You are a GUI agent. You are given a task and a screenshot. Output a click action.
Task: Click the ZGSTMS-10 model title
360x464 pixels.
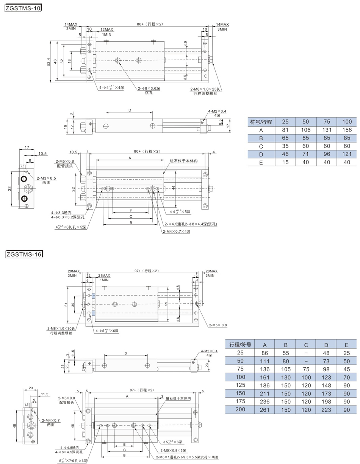click(23, 8)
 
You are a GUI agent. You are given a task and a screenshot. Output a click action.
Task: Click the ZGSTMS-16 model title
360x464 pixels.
click(24, 254)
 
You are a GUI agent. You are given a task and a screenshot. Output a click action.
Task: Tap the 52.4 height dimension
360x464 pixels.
click(49, 62)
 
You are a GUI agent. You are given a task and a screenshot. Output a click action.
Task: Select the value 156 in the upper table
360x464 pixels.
click(347, 130)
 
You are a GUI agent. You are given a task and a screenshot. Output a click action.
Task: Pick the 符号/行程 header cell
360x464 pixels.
click(261, 122)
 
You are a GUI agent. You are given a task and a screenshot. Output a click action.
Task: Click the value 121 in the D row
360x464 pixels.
click(347, 154)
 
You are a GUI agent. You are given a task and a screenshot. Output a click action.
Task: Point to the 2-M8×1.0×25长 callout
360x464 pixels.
click(205, 89)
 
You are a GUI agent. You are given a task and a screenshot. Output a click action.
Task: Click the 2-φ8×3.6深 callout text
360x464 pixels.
click(149, 88)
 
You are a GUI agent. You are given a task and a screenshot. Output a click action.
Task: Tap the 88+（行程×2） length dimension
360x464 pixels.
click(150, 24)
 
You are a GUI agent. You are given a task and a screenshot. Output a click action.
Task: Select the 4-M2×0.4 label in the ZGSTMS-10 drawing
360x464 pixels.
click(217, 111)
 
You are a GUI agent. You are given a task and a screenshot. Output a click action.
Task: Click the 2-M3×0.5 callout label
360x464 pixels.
click(46, 178)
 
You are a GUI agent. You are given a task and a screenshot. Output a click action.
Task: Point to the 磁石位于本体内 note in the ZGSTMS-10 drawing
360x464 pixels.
click(184, 161)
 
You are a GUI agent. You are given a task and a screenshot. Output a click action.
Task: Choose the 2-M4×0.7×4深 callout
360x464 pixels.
click(176, 232)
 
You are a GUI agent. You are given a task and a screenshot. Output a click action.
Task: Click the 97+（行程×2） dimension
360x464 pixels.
click(147, 271)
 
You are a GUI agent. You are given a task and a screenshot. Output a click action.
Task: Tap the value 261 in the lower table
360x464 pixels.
click(265, 410)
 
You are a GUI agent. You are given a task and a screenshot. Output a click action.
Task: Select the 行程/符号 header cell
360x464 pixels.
click(240, 345)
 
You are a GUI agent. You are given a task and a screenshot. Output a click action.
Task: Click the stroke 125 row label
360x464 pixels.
click(240, 385)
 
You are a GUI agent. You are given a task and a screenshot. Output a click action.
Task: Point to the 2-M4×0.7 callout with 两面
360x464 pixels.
click(51, 420)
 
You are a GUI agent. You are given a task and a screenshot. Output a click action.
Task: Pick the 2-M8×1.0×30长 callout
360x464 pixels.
click(61, 328)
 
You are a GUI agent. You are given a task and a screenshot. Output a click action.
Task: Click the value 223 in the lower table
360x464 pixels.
click(326, 410)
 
